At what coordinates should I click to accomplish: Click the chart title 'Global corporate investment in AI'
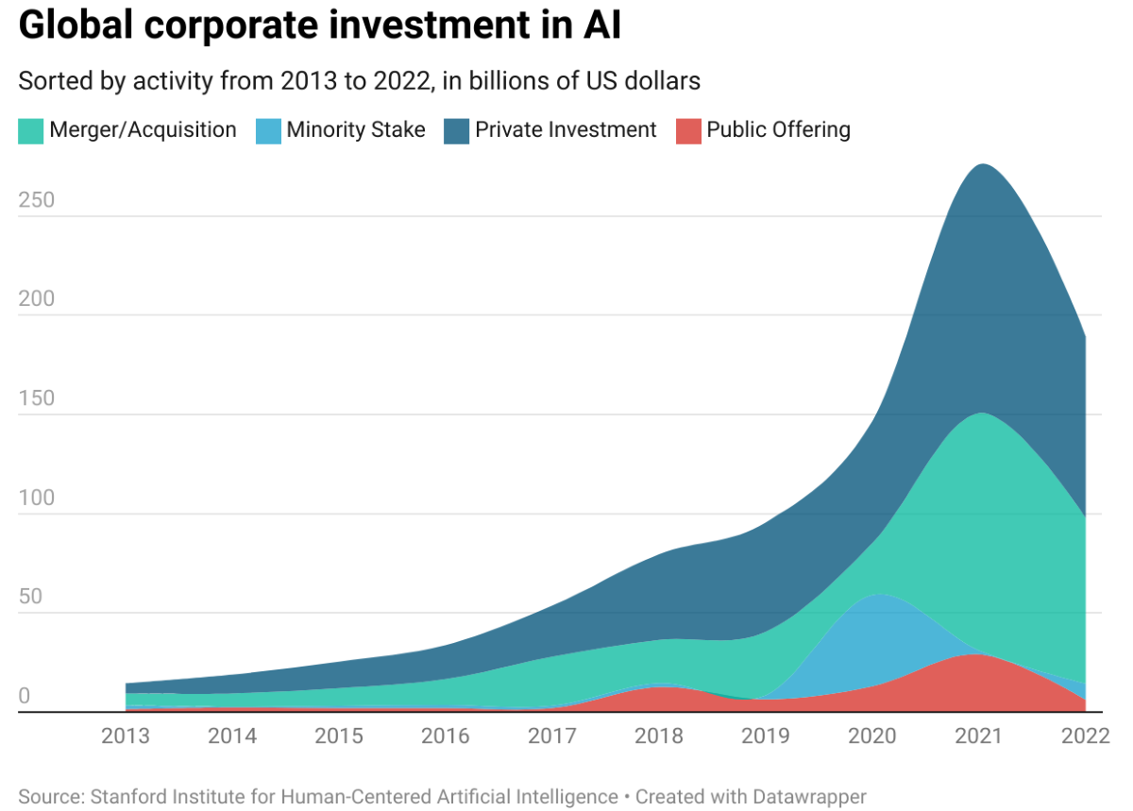pos(320,26)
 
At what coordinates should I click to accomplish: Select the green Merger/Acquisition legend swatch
pos(30,130)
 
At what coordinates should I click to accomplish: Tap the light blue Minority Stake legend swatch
pos(268,130)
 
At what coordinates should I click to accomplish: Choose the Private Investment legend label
pos(566,130)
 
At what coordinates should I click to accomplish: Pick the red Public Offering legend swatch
pos(688,130)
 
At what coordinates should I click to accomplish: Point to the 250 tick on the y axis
pos(37,200)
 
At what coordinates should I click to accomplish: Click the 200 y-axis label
pos(37,299)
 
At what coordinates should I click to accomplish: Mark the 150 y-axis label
pos(37,398)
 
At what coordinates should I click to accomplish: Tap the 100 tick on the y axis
pos(37,498)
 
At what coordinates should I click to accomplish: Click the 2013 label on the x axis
pos(126,736)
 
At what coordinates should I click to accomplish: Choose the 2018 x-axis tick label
pos(659,736)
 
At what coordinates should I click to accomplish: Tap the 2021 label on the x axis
pos(978,736)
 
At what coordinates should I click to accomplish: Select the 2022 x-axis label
pos(1084,736)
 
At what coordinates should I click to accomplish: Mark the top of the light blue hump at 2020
pos(879,595)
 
